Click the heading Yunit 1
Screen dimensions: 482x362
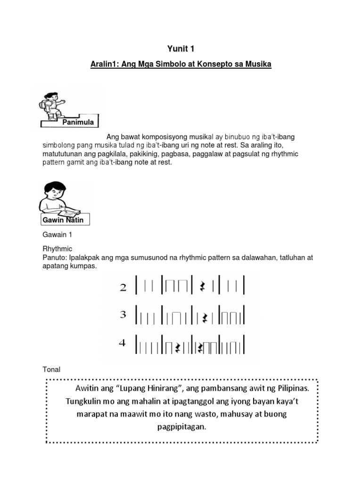(x=181, y=48)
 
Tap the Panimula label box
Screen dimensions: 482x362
(x=78, y=123)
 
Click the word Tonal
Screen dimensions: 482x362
(x=51, y=370)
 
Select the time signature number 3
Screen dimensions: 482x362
(x=123, y=315)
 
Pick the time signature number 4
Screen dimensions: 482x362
(x=123, y=343)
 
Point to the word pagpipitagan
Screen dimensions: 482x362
(x=181, y=427)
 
